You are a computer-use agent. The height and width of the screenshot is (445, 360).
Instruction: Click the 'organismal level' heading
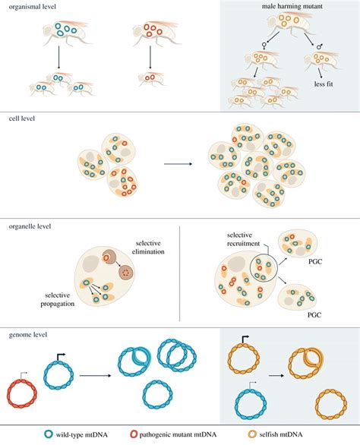click(33, 7)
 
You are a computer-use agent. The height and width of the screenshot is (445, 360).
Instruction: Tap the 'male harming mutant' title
click(292, 6)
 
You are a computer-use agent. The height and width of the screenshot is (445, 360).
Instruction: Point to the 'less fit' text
click(324, 84)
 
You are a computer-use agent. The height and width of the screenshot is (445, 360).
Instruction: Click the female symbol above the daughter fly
click(264, 46)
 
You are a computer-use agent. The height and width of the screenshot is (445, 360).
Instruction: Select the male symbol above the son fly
click(320, 46)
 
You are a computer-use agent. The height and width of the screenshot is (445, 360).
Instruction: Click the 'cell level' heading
click(22, 118)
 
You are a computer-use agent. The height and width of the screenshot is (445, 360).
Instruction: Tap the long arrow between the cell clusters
click(178, 164)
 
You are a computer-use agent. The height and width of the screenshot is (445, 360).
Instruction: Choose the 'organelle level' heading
click(30, 226)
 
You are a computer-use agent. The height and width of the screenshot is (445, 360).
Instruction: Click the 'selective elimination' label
click(148, 248)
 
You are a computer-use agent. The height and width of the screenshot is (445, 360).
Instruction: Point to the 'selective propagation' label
click(58, 299)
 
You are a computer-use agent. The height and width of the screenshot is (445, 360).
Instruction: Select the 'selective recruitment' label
click(243, 239)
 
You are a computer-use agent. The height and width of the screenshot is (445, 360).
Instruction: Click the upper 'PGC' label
click(315, 261)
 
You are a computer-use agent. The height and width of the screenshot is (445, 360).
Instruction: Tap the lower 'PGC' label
click(314, 314)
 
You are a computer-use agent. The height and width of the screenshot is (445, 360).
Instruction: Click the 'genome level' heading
click(28, 335)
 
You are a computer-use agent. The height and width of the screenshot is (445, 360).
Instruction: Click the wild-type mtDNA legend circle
click(49, 434)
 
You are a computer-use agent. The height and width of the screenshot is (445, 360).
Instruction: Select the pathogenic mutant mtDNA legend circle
click(134, 434)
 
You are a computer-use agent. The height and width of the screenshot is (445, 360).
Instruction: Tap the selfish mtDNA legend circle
click(252, 434)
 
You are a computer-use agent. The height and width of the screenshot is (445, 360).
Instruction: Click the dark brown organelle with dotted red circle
click(126, 273)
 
